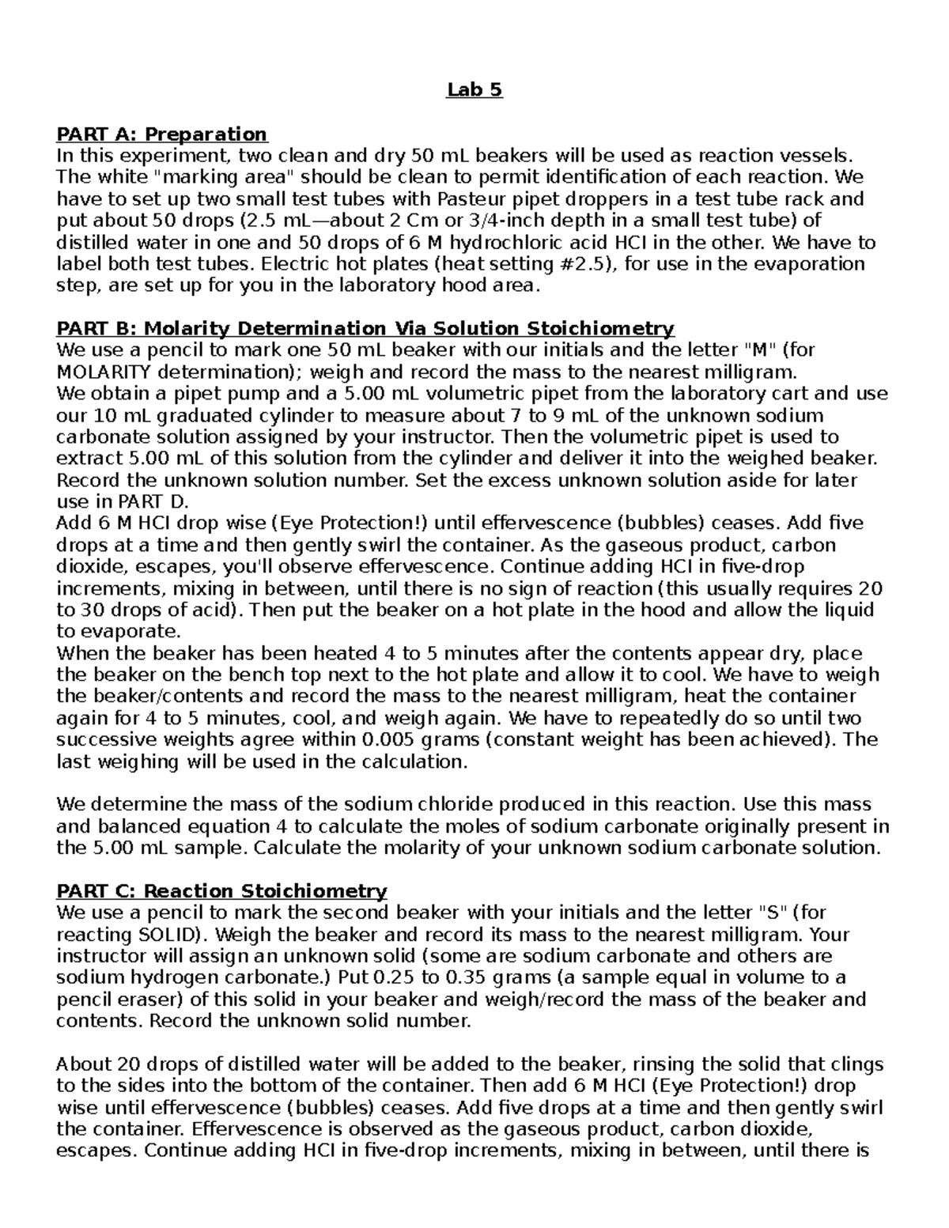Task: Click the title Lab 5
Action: tap(474, 90)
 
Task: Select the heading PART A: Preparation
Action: tap(161, 134)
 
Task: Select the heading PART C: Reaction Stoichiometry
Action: tap(221, 891)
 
